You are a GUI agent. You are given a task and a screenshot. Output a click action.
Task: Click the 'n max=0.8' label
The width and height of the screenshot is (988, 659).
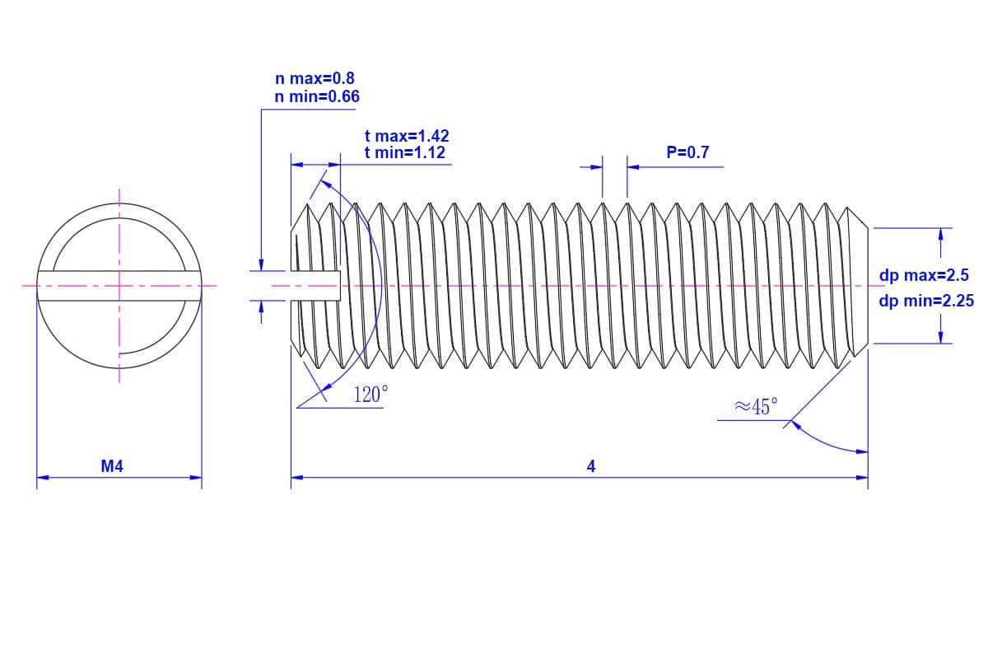(315, 79)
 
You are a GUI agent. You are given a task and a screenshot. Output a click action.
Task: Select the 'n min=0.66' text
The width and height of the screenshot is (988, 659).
(317, 97)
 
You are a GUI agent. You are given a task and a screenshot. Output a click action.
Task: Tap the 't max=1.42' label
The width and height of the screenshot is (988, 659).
(407, 136)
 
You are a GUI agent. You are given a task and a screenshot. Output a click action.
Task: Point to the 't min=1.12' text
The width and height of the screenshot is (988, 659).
(405, 152)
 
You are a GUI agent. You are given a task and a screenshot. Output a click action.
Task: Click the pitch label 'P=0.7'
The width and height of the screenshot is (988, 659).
(687, 152)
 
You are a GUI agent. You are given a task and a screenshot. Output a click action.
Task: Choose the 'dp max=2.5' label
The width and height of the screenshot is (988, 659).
(924, 276)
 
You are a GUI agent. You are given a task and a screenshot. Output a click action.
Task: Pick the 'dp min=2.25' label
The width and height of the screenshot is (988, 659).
(926, 301)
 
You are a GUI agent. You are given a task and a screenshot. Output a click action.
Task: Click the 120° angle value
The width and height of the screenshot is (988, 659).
(370, 395)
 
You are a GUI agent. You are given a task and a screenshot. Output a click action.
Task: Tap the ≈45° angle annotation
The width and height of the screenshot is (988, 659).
(756, 406)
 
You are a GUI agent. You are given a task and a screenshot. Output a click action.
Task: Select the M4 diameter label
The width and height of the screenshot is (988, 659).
(112, 467)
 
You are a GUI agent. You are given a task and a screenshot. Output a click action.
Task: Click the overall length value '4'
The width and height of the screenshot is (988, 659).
(590, 467)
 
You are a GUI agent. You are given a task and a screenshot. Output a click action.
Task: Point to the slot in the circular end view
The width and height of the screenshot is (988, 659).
(119, 286)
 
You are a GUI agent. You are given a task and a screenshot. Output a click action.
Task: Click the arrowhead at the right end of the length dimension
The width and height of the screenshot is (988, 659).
(862, 477)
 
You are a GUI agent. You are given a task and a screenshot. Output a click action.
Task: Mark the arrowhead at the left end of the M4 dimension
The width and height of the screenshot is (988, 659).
(43, 477)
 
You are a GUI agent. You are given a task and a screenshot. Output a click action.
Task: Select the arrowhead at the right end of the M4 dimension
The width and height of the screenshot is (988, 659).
(196, 477)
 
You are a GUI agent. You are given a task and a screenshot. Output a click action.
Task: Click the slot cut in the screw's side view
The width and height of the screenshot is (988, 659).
(316, 286)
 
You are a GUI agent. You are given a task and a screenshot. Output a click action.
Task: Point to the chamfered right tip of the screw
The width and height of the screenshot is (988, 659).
(860, 286)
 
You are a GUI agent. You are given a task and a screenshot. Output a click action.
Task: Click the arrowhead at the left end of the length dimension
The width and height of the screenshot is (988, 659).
(296, 477)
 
